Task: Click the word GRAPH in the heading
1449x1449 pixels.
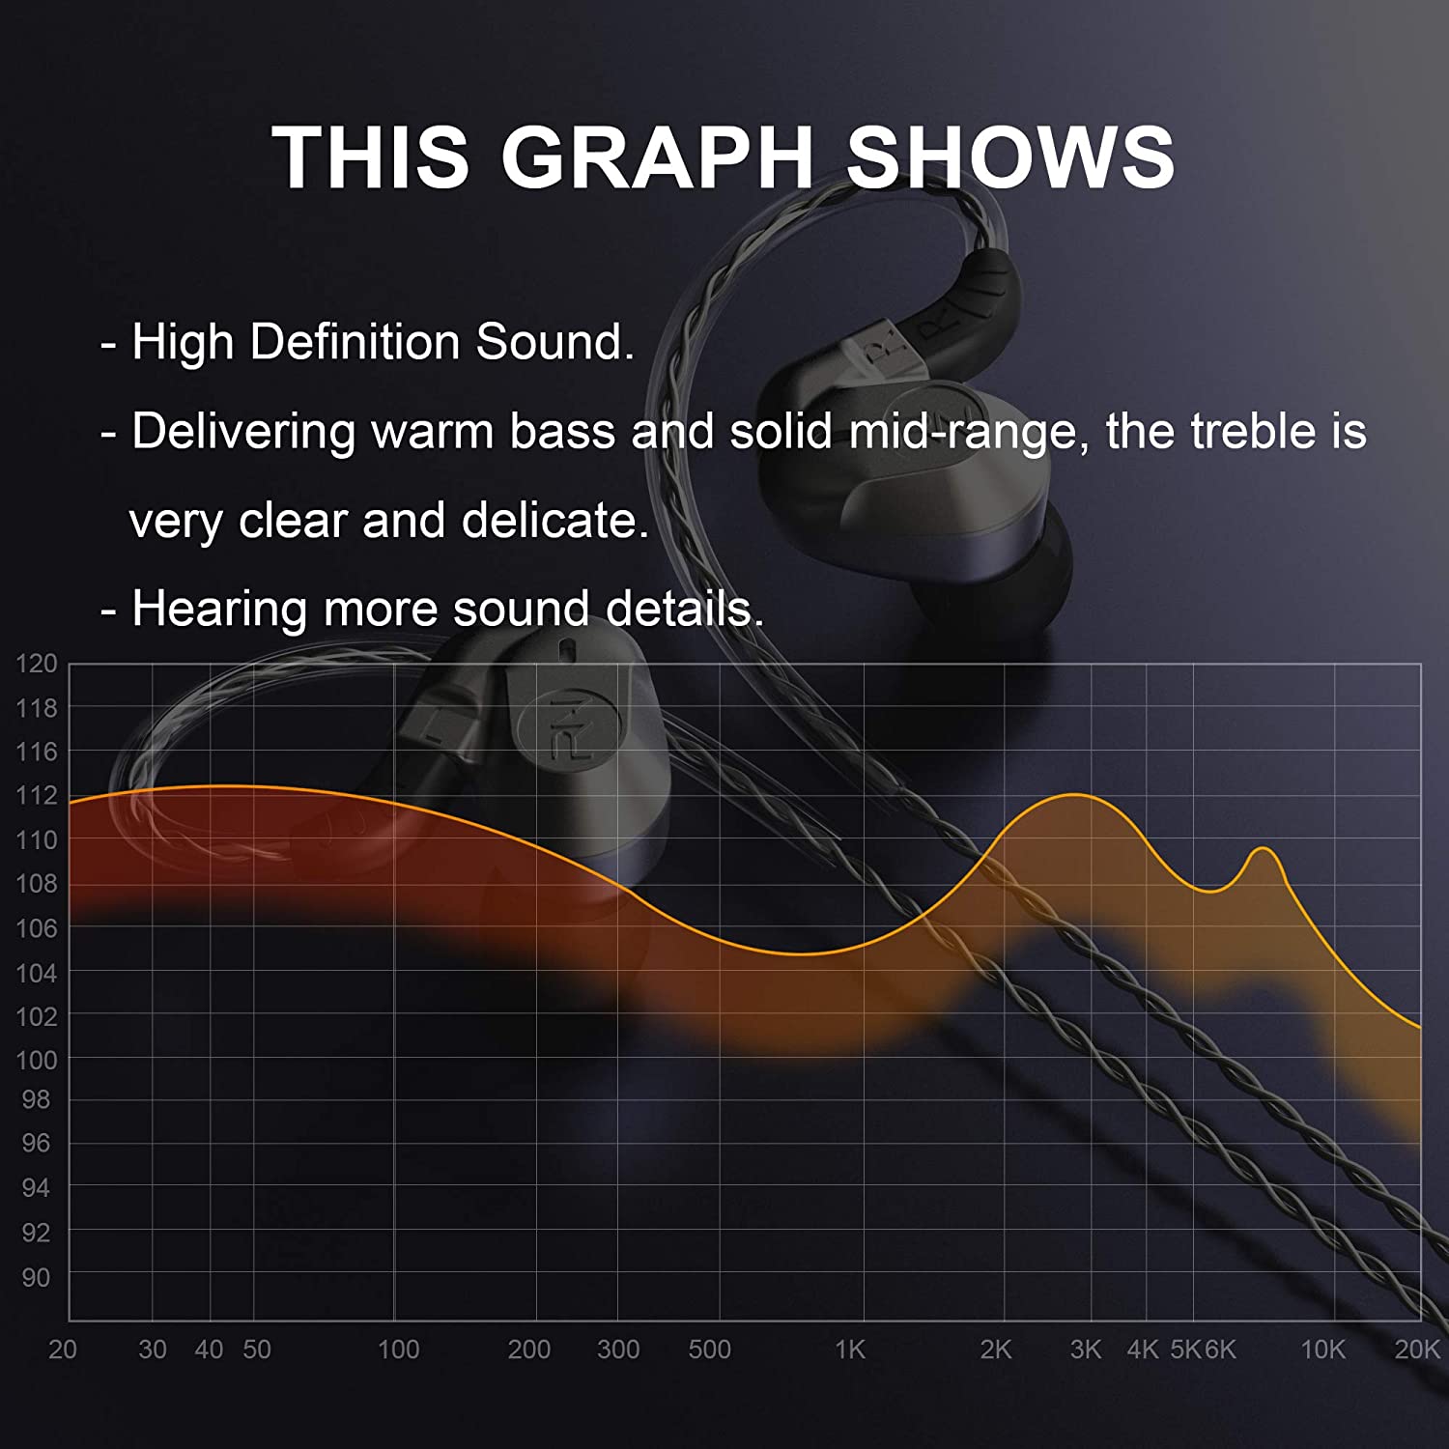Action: [657, 156]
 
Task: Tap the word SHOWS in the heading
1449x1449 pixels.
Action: [1010, 156]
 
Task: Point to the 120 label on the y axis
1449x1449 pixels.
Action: [37, 664]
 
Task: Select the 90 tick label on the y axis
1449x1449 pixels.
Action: [36, 1277]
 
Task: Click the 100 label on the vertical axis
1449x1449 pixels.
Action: [37, 1060]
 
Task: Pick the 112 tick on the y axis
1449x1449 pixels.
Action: [37, 795]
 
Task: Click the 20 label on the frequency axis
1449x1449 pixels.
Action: [63, 1350]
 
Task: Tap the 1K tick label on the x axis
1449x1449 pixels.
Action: [850, 1350]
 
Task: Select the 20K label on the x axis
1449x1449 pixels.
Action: [1417, 1350]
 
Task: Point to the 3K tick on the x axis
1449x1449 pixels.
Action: [1086, 1350]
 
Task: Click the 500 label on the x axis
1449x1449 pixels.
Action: [709, 1350]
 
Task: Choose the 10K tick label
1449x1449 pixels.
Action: [1322, 1350]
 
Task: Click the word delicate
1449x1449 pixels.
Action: [554, 521]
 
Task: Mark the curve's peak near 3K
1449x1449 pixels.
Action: [1074, 794]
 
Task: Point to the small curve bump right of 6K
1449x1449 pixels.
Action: [1263, 848]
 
